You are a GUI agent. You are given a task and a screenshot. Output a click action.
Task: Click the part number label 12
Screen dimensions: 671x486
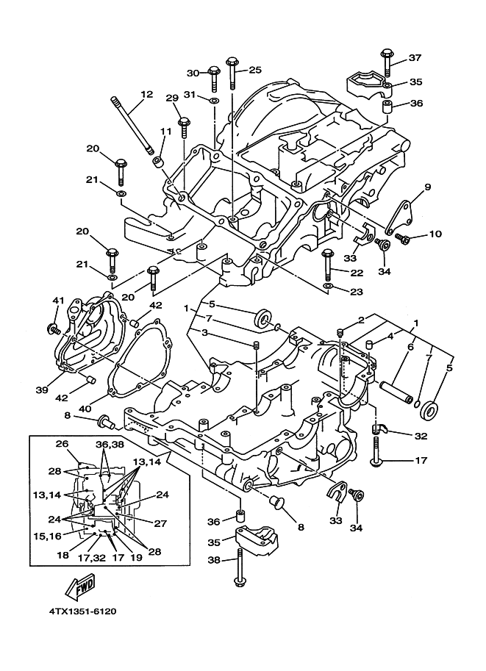(147, 95)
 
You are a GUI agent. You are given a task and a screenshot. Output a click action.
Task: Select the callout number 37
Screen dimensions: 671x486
(415, 58)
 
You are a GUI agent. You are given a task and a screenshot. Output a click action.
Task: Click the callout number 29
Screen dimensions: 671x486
(172, 98)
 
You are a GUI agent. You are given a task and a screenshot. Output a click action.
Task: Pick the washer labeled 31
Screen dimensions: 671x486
(213, 99)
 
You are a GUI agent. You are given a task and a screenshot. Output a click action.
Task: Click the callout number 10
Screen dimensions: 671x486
(435, 234)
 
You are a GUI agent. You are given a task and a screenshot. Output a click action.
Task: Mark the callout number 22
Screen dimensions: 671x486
(357, 273)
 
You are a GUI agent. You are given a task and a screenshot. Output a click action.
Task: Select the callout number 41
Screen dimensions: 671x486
(59, 301)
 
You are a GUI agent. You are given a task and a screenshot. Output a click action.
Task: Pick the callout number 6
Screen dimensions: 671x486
(410, 347)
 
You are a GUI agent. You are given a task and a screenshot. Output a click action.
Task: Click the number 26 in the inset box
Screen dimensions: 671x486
(62, 444)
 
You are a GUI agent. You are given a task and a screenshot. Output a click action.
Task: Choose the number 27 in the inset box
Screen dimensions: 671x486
(161, 523)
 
